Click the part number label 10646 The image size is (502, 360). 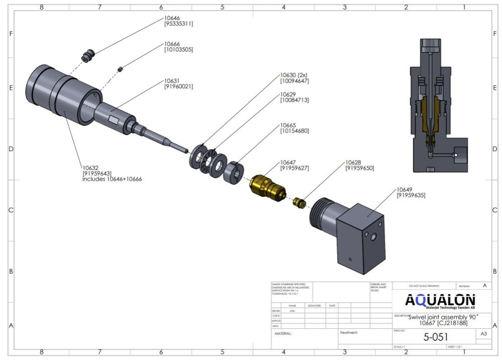tap(172, 18)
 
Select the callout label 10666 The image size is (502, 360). tap(172, 44)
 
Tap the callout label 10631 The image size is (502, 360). tap(172, 81)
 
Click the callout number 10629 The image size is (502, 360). tap(288, 94)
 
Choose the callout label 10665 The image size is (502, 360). tap(288, 125)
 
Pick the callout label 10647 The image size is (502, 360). tap(288, 163)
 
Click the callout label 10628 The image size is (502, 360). tap(353, 163)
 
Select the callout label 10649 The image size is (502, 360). tap(405, 189)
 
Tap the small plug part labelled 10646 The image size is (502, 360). tap(89, 55)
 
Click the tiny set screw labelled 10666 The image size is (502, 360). tap(121, 69)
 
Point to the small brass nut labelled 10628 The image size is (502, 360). tap(300, 202)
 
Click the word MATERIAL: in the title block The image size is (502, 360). tap(283, 333)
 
